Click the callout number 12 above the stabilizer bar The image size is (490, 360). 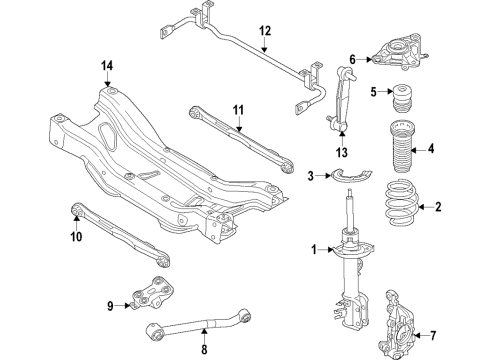(x=264, y=31)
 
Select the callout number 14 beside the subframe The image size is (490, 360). (x=107, y=66)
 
